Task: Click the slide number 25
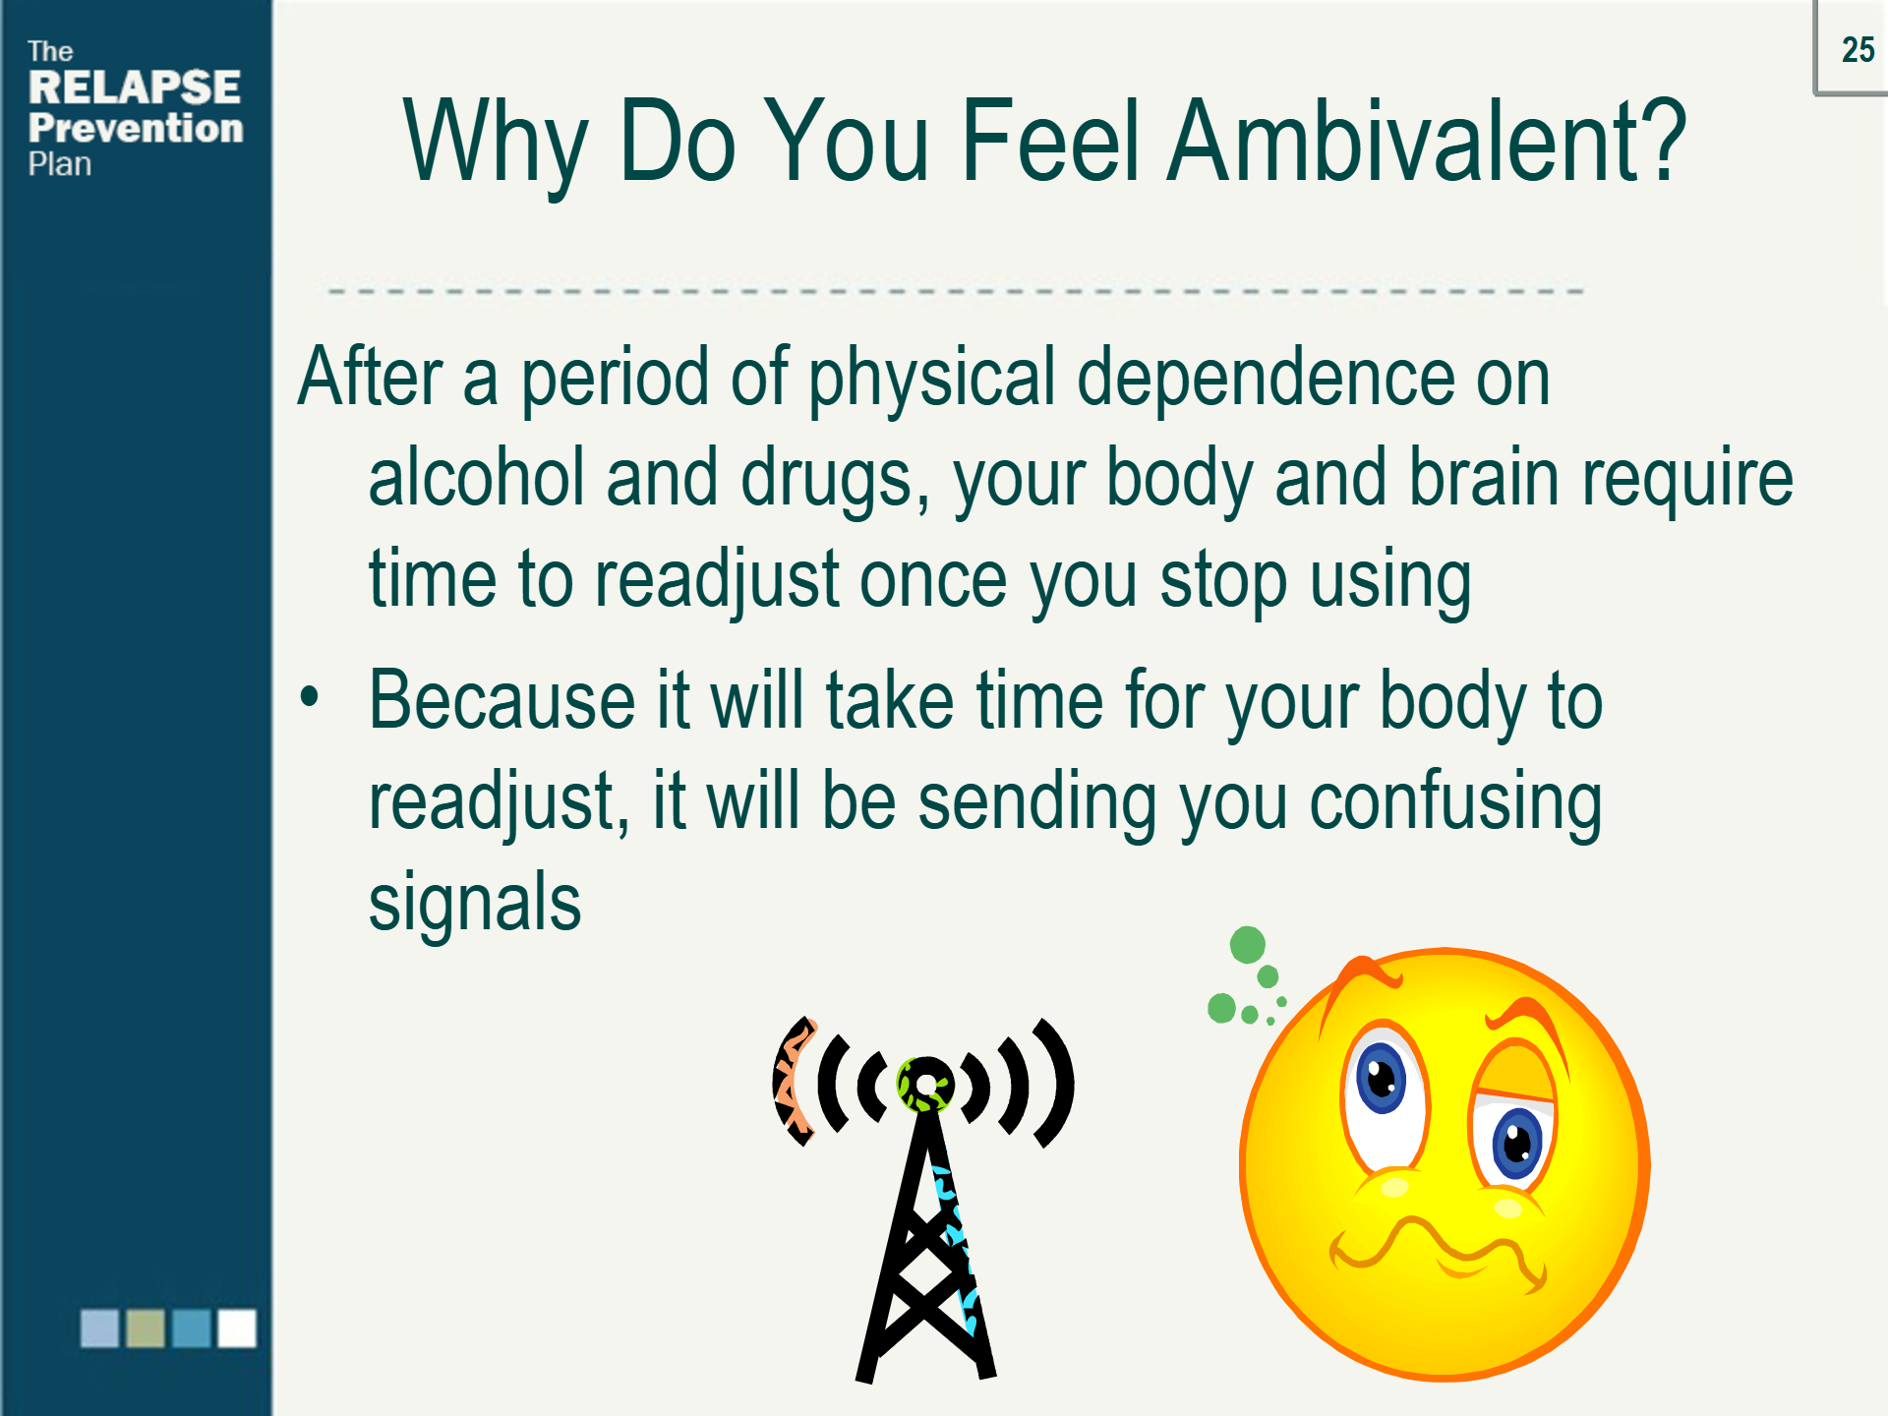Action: point(1858,50)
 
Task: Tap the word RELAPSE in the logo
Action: point(135,88)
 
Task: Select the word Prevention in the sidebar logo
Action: point(136,128)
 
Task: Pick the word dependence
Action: point(1265,377)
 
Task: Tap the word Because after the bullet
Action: point(502,700)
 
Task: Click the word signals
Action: point(475,903)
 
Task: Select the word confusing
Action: point(1455,802)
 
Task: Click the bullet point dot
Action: point(310,696)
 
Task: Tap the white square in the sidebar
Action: point(237,1327)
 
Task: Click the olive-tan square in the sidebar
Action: point(146,1327)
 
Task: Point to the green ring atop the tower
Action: point(924,1086)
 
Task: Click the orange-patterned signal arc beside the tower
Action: point(792,1082)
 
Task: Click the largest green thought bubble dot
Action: point(1248,945)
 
